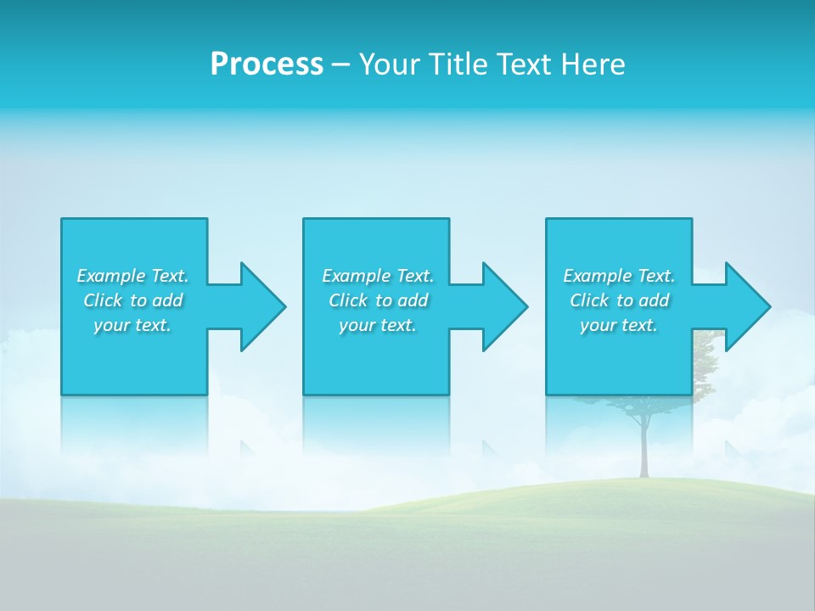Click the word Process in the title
[267, 64]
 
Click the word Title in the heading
[458, 64]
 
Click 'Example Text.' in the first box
[132, 276]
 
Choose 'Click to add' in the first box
[132, 300]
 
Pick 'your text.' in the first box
[132, 325]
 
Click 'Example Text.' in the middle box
[377, 276]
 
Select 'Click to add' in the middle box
[377, 300]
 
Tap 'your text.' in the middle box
[377, 325]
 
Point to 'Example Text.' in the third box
[619, 276]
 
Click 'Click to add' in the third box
[619, 300]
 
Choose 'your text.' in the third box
[619, 325]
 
